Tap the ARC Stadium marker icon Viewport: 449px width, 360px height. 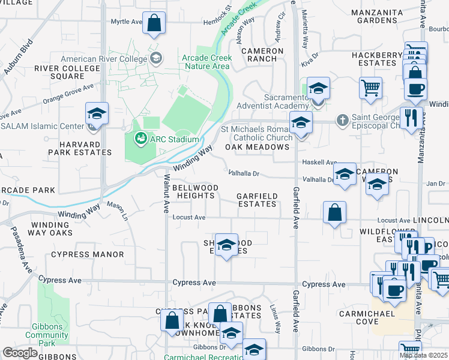click(x=141, y=139)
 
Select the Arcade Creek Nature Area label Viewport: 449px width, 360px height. click(x=206, y=62)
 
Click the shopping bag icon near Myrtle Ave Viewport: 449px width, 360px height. click(x=154, y=23)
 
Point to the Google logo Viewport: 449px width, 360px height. click(x=20, y=353)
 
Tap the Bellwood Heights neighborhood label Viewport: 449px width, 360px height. click(x=195, y=192)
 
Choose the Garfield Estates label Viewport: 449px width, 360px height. click(x=257, y=200)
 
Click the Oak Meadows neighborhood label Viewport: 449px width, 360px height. click(x=257, y=147)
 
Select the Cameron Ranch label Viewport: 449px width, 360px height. click(x=263, y=55)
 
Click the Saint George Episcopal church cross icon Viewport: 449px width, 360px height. click(x=342, y=120)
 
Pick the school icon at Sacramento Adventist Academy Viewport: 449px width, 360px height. click(x=318, y=89)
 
